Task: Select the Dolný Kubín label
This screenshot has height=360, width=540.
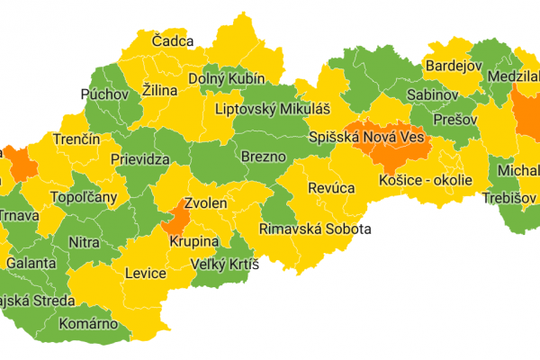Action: point(224,79)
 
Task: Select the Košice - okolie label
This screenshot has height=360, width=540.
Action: point(426,180)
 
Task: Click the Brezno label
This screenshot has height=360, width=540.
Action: point(264,157)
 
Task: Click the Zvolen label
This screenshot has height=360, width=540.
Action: point(205,204)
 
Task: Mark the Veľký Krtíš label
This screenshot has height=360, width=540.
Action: point(224,265)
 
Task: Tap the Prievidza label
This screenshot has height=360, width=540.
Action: point(141,159)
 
